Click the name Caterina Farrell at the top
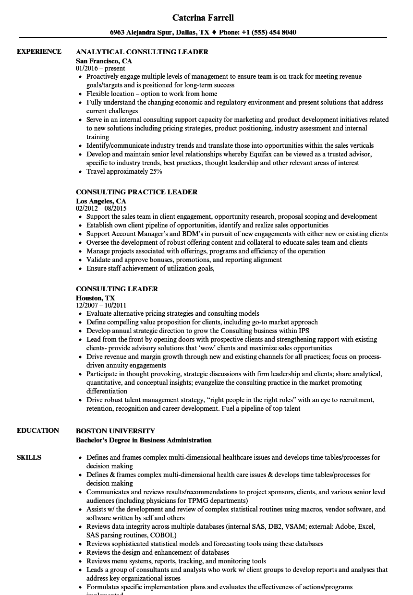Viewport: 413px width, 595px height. point(204,18)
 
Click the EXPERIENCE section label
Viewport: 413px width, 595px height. point(39,51)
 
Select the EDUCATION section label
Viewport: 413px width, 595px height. point(38,430)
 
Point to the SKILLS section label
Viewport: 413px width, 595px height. point(29,457)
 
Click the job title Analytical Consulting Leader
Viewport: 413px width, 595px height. point(142,52)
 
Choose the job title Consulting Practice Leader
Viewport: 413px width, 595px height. point(136,192)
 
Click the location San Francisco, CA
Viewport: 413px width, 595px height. point(104,61)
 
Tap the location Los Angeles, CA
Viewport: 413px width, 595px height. point(101,201)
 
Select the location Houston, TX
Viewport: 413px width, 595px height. point(95,298)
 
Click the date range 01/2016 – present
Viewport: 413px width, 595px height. point(100,69)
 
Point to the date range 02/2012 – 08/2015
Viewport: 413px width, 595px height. point(101,209)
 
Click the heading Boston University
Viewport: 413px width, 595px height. point(115,431)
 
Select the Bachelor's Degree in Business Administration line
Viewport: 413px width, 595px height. point(144,440)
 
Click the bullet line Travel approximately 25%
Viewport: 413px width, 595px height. point(124,171)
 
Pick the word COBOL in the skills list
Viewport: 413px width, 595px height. point(162,535)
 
